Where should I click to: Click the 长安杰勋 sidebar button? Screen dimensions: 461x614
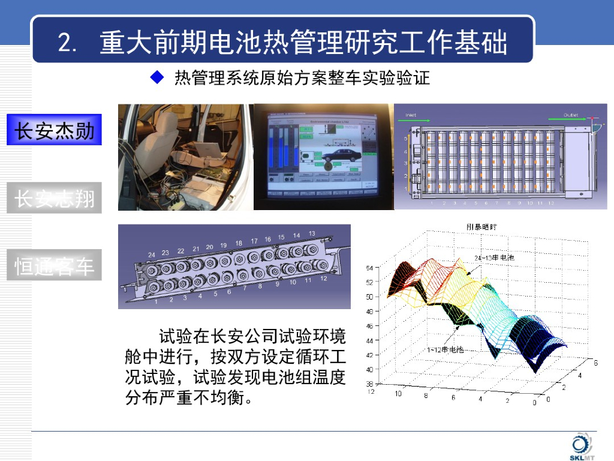point(55,130)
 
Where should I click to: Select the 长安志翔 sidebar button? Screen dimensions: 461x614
point(55,197)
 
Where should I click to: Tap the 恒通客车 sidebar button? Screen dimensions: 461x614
point(55,265)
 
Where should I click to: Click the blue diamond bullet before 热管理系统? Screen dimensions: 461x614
point(157,78)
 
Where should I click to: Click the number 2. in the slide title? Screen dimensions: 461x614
point(67,43)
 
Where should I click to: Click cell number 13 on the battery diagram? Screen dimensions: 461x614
point(312,234)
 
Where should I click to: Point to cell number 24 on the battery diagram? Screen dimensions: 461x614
point(151,255)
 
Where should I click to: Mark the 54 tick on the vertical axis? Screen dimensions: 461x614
point(369,268)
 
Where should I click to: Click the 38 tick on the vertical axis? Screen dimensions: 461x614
point(369,384)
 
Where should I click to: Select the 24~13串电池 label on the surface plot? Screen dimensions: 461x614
point(494,258)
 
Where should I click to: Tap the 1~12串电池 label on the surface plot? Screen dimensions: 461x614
point(446,349)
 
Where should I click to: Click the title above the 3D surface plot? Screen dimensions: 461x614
point(485,227)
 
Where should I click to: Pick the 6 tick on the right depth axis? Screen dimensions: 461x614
point(595,363)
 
